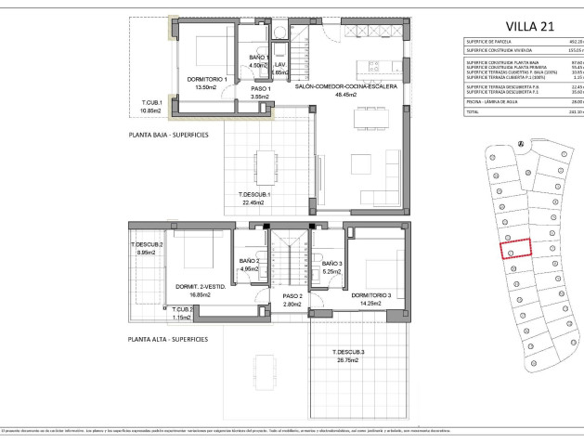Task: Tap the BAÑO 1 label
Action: (258, 58)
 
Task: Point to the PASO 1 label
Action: (259, 87)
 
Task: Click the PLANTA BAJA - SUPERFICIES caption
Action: (169, 135)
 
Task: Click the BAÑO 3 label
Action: (332, 265)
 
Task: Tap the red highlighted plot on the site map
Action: (516, 248)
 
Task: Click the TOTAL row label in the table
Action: (473, 110)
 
